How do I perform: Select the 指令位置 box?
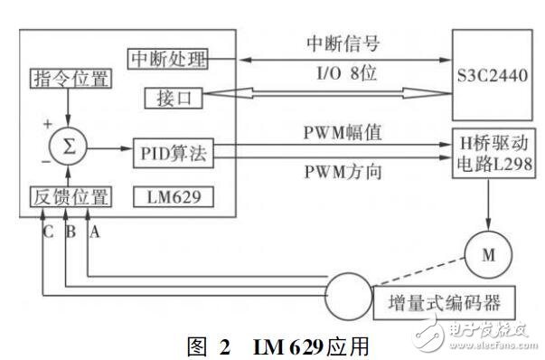70,79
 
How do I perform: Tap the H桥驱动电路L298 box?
493,155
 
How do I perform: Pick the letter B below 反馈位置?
70,231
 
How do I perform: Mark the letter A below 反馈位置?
91,231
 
